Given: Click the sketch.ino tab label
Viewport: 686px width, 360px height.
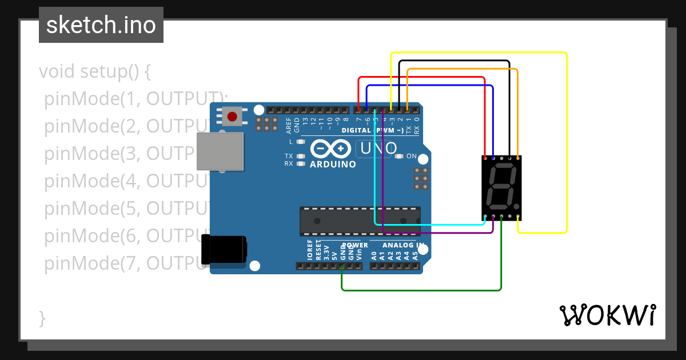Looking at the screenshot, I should pyautogui.click(x=101, y=25).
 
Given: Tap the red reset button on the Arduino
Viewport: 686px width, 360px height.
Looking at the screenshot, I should pyautogui.click(x=232, y=117).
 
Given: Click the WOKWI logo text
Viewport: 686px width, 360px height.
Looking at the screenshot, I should pyautogui.click(x=607, y=315).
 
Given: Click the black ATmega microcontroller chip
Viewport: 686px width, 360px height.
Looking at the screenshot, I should pyautogui.click(x=360, y=221).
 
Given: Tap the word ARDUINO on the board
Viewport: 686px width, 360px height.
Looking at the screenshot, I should pyautogui.click(x=333, y=165).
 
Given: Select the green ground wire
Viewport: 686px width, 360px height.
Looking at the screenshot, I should pyautogui.click(x=423, y=290).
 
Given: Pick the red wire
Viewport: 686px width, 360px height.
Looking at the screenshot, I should pyautogui.click(x=423, y=77).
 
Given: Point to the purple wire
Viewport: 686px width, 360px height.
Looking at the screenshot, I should pyautogui.click(x=434, y=233).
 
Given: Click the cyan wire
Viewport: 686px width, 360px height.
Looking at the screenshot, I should pyautogui.click(x=429, y=224).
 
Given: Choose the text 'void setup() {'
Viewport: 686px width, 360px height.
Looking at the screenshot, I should pyautogui.click(x=95, y=72).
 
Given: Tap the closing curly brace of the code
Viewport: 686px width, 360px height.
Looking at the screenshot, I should pyautogui.click(x=42, y=318).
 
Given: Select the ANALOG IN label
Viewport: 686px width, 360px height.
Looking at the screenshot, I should pyautogui.click(x=404, y=245).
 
